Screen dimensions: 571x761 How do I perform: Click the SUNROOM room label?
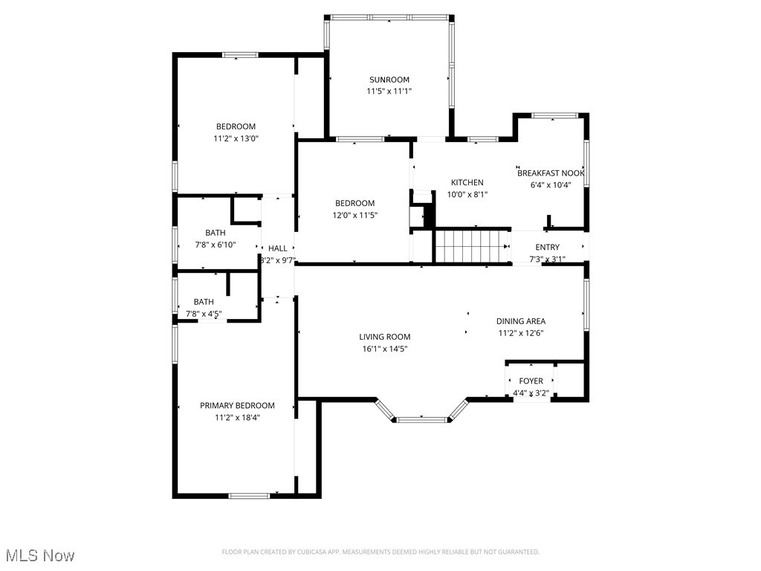389,80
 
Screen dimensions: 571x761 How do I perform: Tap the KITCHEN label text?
467,182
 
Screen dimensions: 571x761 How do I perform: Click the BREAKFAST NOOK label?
550,172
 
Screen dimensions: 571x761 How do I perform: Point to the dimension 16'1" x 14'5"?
383,349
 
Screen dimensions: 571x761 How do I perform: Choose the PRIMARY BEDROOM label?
237,405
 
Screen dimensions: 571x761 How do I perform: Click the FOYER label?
531,381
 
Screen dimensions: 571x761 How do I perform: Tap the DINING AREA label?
520,321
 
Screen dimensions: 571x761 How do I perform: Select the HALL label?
277,248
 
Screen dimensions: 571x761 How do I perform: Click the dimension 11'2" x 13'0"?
236,138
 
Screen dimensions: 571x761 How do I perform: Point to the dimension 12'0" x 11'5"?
354,215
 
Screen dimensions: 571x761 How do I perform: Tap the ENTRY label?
547,248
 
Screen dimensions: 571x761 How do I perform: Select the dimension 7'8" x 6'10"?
215,245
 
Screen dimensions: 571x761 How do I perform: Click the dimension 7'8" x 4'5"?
204,314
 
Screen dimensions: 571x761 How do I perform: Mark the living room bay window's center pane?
421,420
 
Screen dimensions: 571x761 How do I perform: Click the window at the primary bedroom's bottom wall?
249,496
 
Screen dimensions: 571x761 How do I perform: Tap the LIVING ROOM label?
384,337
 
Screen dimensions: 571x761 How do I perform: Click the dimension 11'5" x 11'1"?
389,91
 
